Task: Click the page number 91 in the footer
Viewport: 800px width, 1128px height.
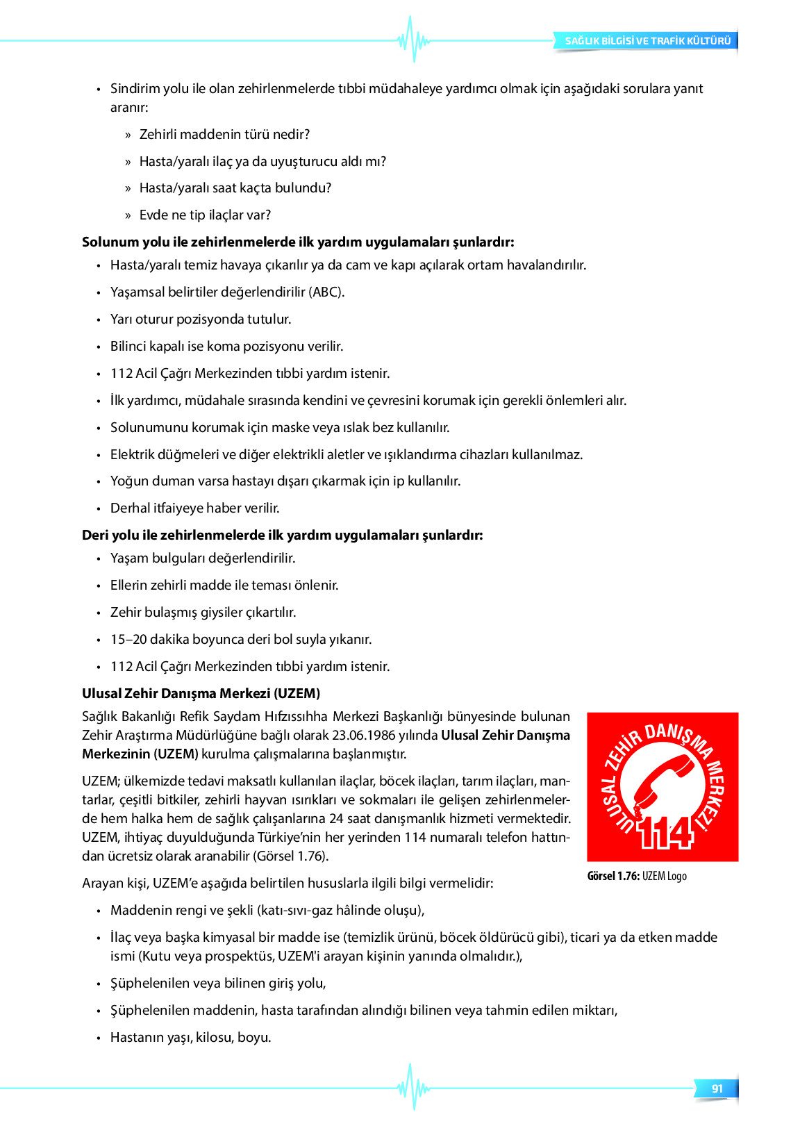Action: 717,1088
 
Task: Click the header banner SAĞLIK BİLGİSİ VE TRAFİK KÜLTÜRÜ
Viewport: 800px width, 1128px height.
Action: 647,41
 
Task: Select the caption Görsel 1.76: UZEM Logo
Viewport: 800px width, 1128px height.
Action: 637,876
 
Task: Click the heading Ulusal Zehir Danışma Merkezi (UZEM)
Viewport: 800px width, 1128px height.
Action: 201,693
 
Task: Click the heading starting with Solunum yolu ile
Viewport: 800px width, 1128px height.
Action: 298,242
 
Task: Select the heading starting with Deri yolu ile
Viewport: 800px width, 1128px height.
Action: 282,535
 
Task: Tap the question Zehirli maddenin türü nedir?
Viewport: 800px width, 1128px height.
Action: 224,134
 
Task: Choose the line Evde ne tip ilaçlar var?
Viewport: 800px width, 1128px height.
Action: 205,215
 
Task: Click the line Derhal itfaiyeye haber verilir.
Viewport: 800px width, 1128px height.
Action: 194,508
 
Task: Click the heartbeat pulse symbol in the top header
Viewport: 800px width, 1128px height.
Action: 413,40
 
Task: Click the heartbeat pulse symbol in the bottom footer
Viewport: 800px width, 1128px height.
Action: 413,1087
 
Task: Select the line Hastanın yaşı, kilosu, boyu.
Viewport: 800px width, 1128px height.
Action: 190,1037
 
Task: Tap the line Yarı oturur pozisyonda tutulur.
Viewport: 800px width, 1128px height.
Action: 201,319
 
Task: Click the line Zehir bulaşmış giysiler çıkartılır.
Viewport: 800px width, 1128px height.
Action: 203,612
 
